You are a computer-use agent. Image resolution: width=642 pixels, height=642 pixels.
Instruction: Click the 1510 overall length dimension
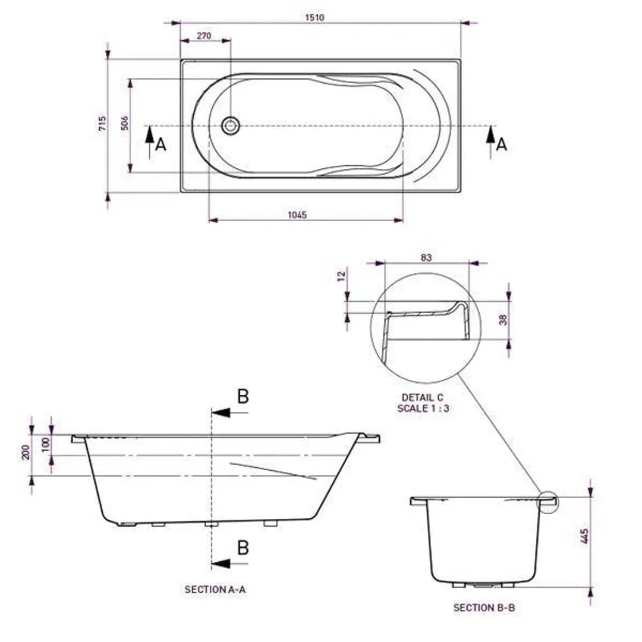point(314,17)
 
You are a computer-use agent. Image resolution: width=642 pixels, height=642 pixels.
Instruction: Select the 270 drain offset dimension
point(204,36)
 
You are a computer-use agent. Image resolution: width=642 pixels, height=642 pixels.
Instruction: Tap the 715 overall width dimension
point(102,124)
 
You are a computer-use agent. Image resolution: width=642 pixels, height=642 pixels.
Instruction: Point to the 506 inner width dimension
point(124,123)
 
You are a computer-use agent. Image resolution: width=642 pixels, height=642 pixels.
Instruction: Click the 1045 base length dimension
point(297,215)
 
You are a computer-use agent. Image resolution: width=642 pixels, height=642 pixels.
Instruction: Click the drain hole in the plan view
point(230,125)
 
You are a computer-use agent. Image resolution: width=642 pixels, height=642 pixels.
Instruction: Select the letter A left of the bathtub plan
point(160,144)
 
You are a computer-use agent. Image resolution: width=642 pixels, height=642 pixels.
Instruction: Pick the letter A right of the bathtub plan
point(502,144)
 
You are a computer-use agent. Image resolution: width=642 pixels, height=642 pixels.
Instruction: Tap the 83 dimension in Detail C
point(426,257)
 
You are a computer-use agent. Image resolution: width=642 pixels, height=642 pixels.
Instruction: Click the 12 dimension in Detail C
point(339,276)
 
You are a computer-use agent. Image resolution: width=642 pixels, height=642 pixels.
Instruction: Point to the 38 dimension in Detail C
point(503,319)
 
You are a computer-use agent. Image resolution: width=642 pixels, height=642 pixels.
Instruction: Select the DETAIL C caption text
point(422,398)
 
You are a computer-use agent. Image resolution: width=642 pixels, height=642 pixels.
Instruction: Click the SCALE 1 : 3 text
point(423,408)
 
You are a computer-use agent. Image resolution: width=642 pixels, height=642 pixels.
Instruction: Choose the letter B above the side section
point(243,396)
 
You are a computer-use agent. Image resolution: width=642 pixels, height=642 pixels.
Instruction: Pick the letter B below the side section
point(243,547)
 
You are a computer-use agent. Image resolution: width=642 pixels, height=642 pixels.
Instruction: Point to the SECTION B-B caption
point(480,608)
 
